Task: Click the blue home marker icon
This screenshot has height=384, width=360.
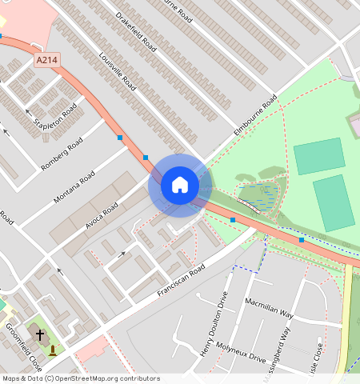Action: (180, 186)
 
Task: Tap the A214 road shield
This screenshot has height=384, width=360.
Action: (47, 61)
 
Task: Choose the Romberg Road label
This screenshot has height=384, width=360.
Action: (62, 156)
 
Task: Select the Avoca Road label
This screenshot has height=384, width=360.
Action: (102, 215)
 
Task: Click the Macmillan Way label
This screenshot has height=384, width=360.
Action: (270, 309)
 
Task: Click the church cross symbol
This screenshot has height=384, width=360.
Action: (39, 334)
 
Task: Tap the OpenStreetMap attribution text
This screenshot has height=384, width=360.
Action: (81, 378)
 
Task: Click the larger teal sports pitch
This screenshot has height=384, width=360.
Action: (334, 203)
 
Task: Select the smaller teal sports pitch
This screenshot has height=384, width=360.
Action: (319, 156)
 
